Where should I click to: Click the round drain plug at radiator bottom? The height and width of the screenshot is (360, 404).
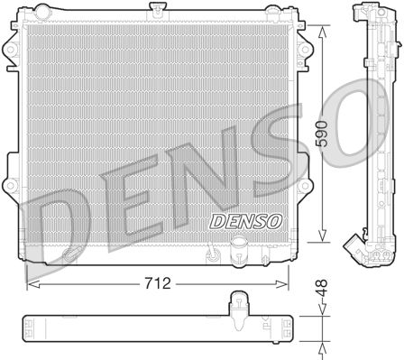point(240,244)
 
